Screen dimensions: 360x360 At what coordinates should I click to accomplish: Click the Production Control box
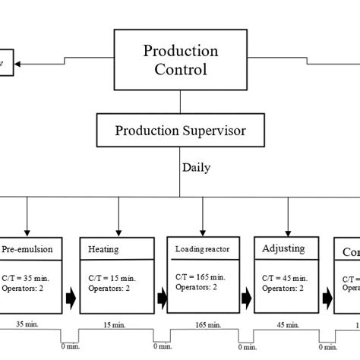click(180, 61)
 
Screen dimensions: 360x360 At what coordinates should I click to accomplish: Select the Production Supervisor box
click(180, 130)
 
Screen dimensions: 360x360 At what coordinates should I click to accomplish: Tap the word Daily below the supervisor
click(196, 167)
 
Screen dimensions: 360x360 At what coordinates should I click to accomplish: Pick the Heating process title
click(103, 249)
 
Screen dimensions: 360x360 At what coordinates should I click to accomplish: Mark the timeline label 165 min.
click(201, 325)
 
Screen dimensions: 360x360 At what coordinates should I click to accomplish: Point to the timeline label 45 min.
click(286, 325)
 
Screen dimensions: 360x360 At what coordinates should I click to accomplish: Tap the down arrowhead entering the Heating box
click(116, 231)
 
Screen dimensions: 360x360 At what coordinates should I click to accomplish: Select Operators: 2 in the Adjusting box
click(282, 288)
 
